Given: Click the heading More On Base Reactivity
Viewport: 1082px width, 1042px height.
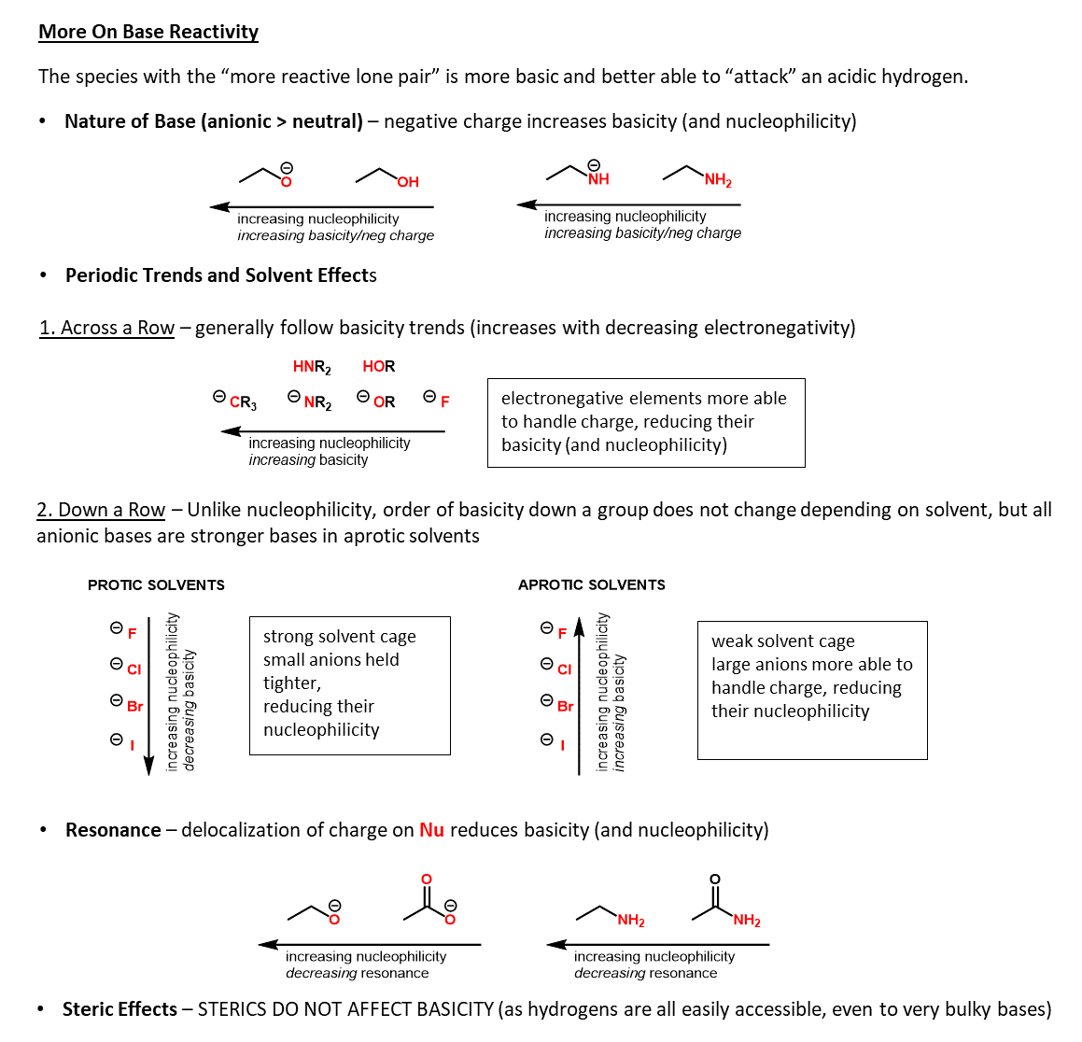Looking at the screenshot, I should pos(148,32).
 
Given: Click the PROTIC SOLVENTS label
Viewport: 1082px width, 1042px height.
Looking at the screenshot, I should pos(156,585).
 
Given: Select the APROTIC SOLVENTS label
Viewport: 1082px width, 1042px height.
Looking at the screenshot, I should pos(592,585).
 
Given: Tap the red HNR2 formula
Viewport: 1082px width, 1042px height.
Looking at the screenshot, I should pos(312,367).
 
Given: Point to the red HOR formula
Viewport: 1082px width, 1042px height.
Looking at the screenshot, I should pos(379,366).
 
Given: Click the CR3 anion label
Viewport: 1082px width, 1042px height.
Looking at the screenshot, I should pos(242,402).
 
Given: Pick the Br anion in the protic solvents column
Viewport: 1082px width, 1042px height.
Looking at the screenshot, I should pos(134,706).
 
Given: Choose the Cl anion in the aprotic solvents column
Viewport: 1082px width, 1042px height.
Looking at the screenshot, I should pos(564,669).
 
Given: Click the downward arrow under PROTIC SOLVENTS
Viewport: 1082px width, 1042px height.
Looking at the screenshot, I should pos(148,696).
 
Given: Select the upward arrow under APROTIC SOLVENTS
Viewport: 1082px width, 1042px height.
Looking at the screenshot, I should pos(579,696).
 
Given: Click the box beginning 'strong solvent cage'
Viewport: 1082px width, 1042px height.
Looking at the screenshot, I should pos(350,685).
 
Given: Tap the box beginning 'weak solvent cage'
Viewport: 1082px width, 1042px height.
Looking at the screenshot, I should pos(812,690).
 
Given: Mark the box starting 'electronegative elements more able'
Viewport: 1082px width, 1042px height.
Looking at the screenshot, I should pos(646,422).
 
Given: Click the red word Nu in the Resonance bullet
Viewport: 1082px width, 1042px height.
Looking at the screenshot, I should pos(431,830).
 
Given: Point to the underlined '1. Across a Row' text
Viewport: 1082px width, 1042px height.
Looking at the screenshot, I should pos(106,328).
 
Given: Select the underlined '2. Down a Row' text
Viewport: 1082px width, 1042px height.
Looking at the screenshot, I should pos(101,510).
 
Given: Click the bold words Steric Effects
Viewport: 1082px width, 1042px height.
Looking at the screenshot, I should pos(119,1009).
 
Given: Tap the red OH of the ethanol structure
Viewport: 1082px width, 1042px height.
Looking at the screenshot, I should pos(408,182).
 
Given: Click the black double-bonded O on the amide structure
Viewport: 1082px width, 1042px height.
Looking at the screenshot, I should pos(715,880).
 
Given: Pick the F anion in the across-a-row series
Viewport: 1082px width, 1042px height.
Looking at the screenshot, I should pos(444,401).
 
